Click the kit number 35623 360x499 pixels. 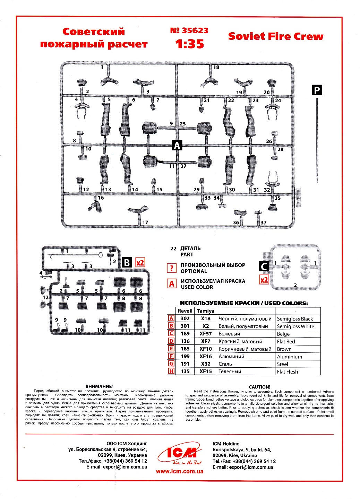189,30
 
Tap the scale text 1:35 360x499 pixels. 189,44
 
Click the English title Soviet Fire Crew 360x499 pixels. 275,36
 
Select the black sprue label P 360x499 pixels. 317,90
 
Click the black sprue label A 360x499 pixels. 177,146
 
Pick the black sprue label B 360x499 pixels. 127,263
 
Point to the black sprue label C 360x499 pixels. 264,266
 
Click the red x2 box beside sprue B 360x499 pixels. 140,263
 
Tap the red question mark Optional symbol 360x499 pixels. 172,268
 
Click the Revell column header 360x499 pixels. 185,311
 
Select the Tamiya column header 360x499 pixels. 205,311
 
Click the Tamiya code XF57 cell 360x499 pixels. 205,334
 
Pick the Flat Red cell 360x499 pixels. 286,341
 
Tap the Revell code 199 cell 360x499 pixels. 185,356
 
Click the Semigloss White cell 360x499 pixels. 295,326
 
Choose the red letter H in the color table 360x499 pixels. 171,371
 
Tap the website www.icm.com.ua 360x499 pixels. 180,471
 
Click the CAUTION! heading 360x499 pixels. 259,387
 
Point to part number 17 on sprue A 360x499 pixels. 145,222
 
